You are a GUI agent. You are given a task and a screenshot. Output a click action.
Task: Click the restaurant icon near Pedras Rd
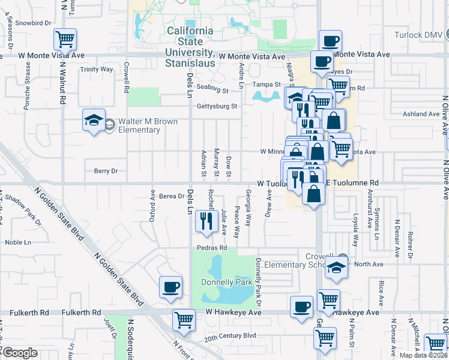[206, 221]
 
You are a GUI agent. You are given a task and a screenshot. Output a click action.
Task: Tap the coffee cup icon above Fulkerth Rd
[171, 287]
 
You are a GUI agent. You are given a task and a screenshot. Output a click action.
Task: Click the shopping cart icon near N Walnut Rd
[65, 40]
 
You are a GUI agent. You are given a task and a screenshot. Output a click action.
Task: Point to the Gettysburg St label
[217, 107]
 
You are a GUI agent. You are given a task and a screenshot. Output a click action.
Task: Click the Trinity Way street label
[97, 70]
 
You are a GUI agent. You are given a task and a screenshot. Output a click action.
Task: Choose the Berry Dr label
[106, 171]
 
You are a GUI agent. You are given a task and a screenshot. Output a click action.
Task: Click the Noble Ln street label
[18, 242]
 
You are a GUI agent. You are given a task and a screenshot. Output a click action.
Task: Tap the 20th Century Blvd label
[230, 336]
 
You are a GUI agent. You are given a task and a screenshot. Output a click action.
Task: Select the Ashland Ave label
[421, 114]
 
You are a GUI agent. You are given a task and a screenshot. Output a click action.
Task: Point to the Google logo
[20, 353]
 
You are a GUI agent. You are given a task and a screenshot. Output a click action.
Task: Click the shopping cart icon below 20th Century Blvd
[325, 338]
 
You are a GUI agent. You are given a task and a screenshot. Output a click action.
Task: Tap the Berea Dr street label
[172, 196]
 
